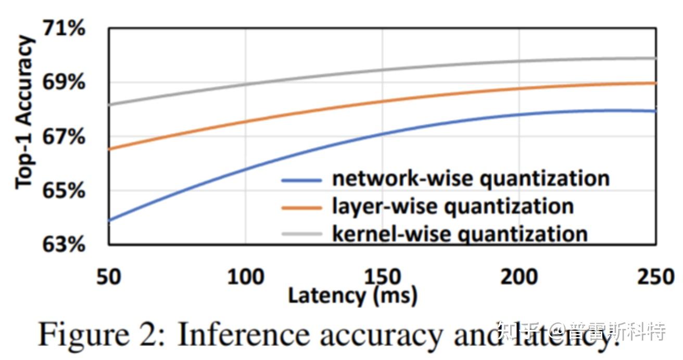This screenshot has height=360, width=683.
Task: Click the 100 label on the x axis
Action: click(246, 277)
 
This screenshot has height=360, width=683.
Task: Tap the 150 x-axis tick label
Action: click(383, 277)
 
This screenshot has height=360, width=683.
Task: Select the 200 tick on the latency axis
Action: click(519, 277)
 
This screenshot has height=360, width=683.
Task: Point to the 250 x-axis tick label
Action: click(655, 277)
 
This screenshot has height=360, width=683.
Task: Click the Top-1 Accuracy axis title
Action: click(24, 112)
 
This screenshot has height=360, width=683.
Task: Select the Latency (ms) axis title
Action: click(352, 296)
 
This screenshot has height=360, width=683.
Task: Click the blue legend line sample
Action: click(301, 180)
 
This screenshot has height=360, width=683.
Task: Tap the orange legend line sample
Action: click(301, 208)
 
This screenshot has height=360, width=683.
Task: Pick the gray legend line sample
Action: click(301, 234)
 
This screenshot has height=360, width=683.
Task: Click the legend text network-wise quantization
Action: click(471, 179)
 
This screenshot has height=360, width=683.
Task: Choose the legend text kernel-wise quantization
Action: click(460, 234)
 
